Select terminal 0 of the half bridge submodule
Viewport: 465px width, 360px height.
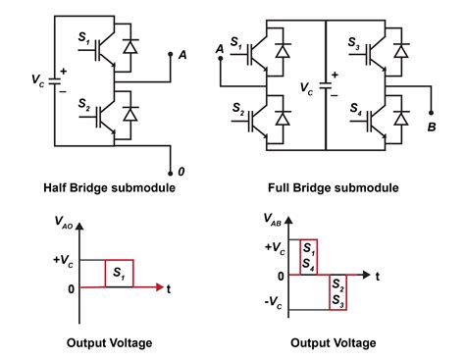coord(180,171)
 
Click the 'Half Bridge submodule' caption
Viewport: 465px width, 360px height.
coord(109,188)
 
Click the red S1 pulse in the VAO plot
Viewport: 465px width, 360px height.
coord(119,274)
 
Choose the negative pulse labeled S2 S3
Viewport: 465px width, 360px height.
coord(336,292)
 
